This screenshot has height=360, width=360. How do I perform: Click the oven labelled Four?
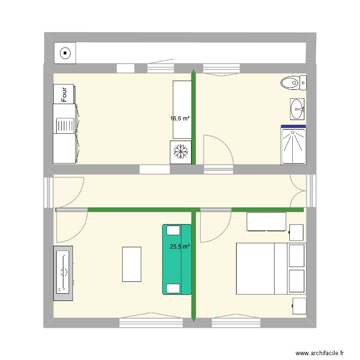64,94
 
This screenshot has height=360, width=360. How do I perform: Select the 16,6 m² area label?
180,118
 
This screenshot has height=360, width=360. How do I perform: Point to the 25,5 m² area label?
180,247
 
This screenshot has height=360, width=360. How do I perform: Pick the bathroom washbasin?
297,109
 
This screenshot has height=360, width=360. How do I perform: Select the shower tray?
293,145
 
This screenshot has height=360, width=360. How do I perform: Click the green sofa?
177,259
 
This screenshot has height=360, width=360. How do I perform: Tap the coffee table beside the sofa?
132,264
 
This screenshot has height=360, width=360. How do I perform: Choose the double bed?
262,268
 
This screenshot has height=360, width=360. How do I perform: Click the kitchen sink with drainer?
64,126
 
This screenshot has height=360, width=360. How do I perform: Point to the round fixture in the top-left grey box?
65,53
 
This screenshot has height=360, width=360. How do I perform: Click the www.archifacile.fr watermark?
320,352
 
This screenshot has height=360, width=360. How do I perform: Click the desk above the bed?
267,221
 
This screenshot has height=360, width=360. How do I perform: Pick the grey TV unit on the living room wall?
63,273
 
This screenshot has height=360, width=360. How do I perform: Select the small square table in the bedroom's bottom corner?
299,306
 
